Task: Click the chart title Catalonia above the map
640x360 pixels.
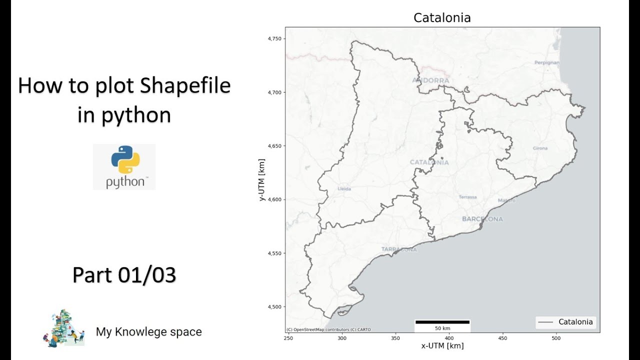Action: (442, 18)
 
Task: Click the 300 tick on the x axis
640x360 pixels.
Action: (342, 338)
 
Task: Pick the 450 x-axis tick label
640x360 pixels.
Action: (502, 338)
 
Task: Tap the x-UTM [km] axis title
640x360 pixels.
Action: (442, 346)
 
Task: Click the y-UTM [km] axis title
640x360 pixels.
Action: (262, 180)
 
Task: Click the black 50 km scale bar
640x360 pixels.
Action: (442, 322)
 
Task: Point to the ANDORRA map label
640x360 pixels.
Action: (430, 80)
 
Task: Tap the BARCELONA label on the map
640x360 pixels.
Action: (482, 219)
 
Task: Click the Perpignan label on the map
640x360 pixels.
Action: (546, 62)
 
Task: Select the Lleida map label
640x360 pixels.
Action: (344, 189)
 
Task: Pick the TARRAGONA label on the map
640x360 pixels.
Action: (398, 249)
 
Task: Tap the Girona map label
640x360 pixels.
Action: (540, 148)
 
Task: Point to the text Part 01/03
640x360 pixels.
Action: (124, 275)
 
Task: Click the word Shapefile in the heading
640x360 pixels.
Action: (185, 86)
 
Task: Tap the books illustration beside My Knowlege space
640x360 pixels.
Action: (63, 328)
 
